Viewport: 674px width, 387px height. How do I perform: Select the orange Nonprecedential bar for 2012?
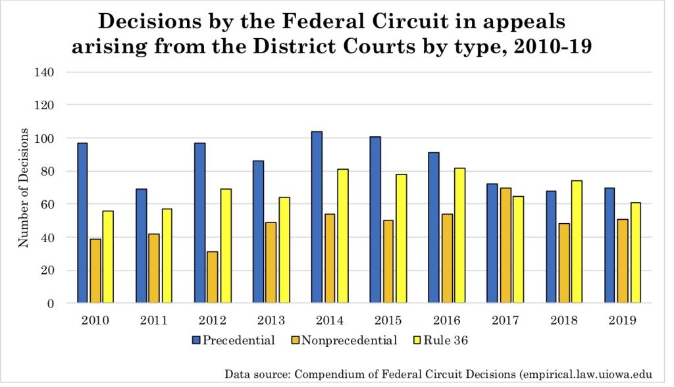(213, 277)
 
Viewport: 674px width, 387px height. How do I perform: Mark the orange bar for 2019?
(622, 261)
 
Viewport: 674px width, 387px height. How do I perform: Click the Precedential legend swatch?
(197, 340)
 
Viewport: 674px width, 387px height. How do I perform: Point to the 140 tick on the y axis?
(46, 72)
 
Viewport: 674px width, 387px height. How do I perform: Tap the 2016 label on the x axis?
(446, 321)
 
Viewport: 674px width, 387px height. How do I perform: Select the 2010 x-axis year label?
(95, 321)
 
